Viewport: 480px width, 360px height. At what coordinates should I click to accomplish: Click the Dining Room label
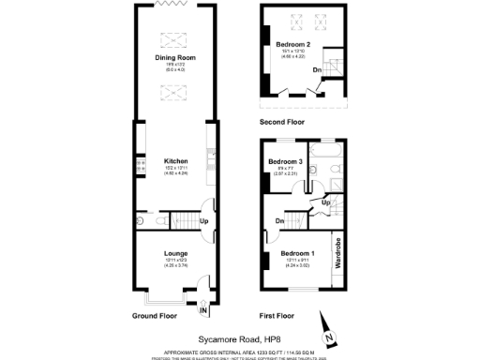tap(175, 57)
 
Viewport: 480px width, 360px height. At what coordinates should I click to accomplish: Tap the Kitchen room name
tap(175, 159)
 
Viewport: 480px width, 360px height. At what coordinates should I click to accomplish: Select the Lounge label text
tap(175, 252)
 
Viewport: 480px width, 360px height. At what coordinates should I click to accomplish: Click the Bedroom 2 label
tap(294, 45)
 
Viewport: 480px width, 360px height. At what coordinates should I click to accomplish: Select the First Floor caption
tap(280, 316)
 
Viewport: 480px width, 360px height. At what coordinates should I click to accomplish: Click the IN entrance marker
tap(202, 309)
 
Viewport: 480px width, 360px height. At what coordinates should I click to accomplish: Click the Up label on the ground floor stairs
tap(204, 221)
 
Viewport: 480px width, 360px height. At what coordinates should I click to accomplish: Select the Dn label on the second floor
tap(317, 69)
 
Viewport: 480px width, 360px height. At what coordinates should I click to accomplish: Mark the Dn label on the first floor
tap(279, 221)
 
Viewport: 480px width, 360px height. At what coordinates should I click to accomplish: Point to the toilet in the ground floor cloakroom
tap(140, 221)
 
